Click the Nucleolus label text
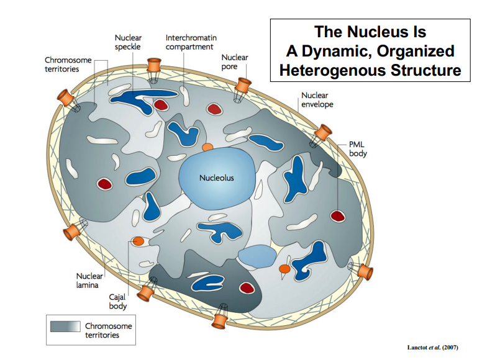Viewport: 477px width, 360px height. click(x=217, y=178)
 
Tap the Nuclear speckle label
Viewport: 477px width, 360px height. click(x=128, y=42)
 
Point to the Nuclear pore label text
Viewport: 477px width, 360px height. click(x=234, y=61)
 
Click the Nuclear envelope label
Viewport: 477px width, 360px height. click(x=317, y=100)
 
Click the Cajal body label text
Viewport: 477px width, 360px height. click(x=118, y=302)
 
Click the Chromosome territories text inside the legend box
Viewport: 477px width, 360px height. click(x=108, y=330)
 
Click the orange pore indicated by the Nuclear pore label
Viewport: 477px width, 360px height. click(x=242, y=86)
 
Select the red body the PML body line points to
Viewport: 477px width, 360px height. click(x=337, y=216)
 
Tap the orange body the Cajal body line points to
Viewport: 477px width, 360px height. click(x=138, y=241)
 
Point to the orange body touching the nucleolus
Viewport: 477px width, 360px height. click(x=207, y=147)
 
